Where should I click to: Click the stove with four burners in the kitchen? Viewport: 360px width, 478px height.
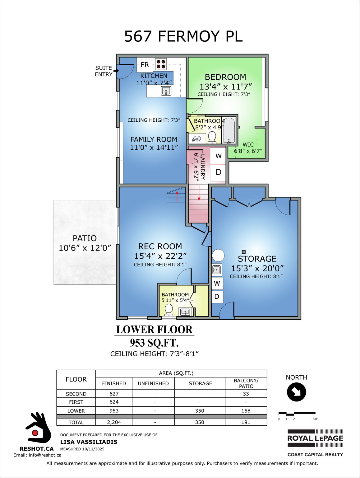(x=161, y=64)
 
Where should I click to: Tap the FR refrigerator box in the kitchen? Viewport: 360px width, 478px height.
(x=145, y=65)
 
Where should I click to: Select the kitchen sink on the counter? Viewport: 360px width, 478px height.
(x=166, y=91)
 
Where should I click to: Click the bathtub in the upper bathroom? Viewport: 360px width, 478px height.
(x=229, y=130)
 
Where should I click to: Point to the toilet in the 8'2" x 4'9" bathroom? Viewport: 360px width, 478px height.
(x=212, y=136)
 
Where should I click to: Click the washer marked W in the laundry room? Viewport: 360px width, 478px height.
(x=218, y=156)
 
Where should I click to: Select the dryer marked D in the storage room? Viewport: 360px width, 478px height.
(x=217, y=297)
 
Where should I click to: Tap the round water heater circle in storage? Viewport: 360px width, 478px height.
(x=218, y=255)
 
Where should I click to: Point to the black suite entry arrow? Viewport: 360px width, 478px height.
(x=116, y=71)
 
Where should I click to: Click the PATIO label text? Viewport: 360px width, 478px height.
(x=85, y=238)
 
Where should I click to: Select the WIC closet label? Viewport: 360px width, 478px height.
(x=248, y=145)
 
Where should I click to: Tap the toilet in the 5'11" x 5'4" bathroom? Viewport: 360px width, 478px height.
(x=169, y=309)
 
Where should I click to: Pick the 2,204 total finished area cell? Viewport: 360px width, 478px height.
(x=114, y=422)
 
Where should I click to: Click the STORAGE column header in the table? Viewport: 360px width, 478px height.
(x=200, y=383)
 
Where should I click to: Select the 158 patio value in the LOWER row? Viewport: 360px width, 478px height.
(x=246, y=411)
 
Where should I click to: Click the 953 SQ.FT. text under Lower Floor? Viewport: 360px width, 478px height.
(x=154, y=343)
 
